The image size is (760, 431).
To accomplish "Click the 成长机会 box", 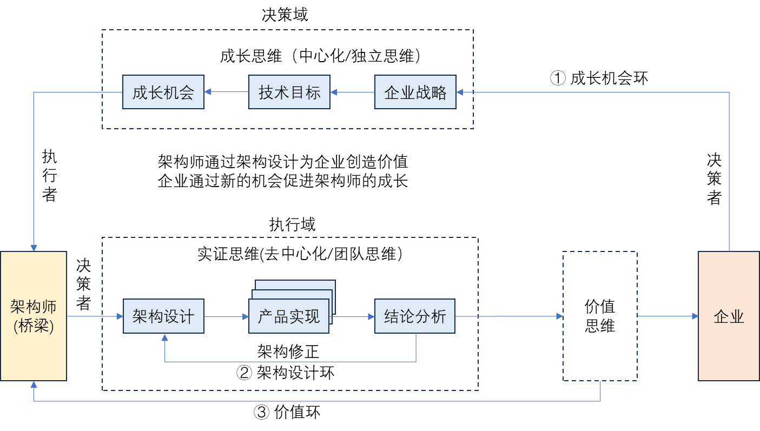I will [163, 92].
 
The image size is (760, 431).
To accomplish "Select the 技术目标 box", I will [289, 92].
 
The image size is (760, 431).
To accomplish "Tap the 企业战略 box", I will [415, 92].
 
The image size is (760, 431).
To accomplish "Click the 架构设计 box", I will [163, 316].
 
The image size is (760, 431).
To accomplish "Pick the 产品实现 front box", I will [289, 316].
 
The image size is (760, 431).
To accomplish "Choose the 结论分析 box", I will [415, 316].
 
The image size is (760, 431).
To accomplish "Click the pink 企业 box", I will [729, 316].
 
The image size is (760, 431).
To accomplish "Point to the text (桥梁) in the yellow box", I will [34, 326].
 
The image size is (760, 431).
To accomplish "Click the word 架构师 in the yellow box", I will [34, 307].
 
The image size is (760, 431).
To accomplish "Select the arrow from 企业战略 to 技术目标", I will [352, 92].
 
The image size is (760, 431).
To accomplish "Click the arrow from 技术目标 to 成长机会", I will [226, 92].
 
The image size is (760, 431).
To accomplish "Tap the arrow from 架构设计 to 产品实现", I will [226, 316].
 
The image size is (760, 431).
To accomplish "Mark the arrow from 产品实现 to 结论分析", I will [353, 316].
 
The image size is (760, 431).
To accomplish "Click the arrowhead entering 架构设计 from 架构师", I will [120, 316].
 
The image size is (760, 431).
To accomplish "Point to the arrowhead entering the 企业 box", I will [695, 316].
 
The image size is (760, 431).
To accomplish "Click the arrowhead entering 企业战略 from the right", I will [460, 92].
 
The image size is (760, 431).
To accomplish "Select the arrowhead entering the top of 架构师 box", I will [34, 248].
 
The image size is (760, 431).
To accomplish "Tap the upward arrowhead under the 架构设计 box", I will [164, 337].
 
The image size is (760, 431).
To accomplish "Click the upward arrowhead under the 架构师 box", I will [34, 384].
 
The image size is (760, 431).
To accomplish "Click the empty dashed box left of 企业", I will [600, 316].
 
